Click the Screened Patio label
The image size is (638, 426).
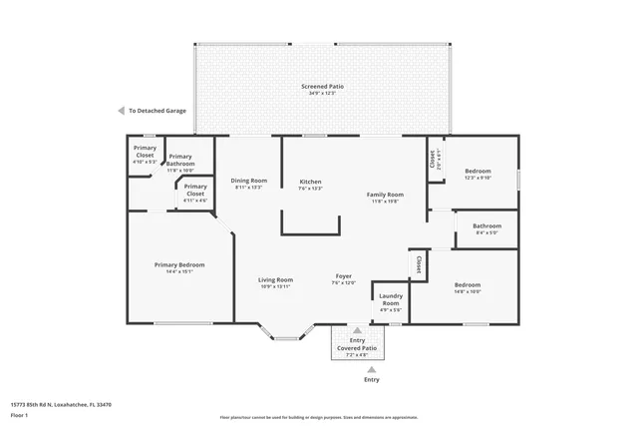[322, 87]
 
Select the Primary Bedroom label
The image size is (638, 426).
[179, 264]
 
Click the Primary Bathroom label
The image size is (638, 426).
[180, 160]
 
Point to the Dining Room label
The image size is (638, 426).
[250, 181]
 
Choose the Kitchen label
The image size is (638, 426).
[311, 182]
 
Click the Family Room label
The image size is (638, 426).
[385, 195]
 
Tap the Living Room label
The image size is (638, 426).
[276, 280]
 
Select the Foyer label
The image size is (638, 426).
[343, 276]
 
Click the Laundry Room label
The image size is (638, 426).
[391, 299]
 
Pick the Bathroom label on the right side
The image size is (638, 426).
[487, 225]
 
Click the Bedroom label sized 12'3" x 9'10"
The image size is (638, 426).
[478, 171]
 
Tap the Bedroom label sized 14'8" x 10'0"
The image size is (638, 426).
[467, 284]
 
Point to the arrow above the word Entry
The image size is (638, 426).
[372, 368]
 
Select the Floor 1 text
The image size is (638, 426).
[19, 414]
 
